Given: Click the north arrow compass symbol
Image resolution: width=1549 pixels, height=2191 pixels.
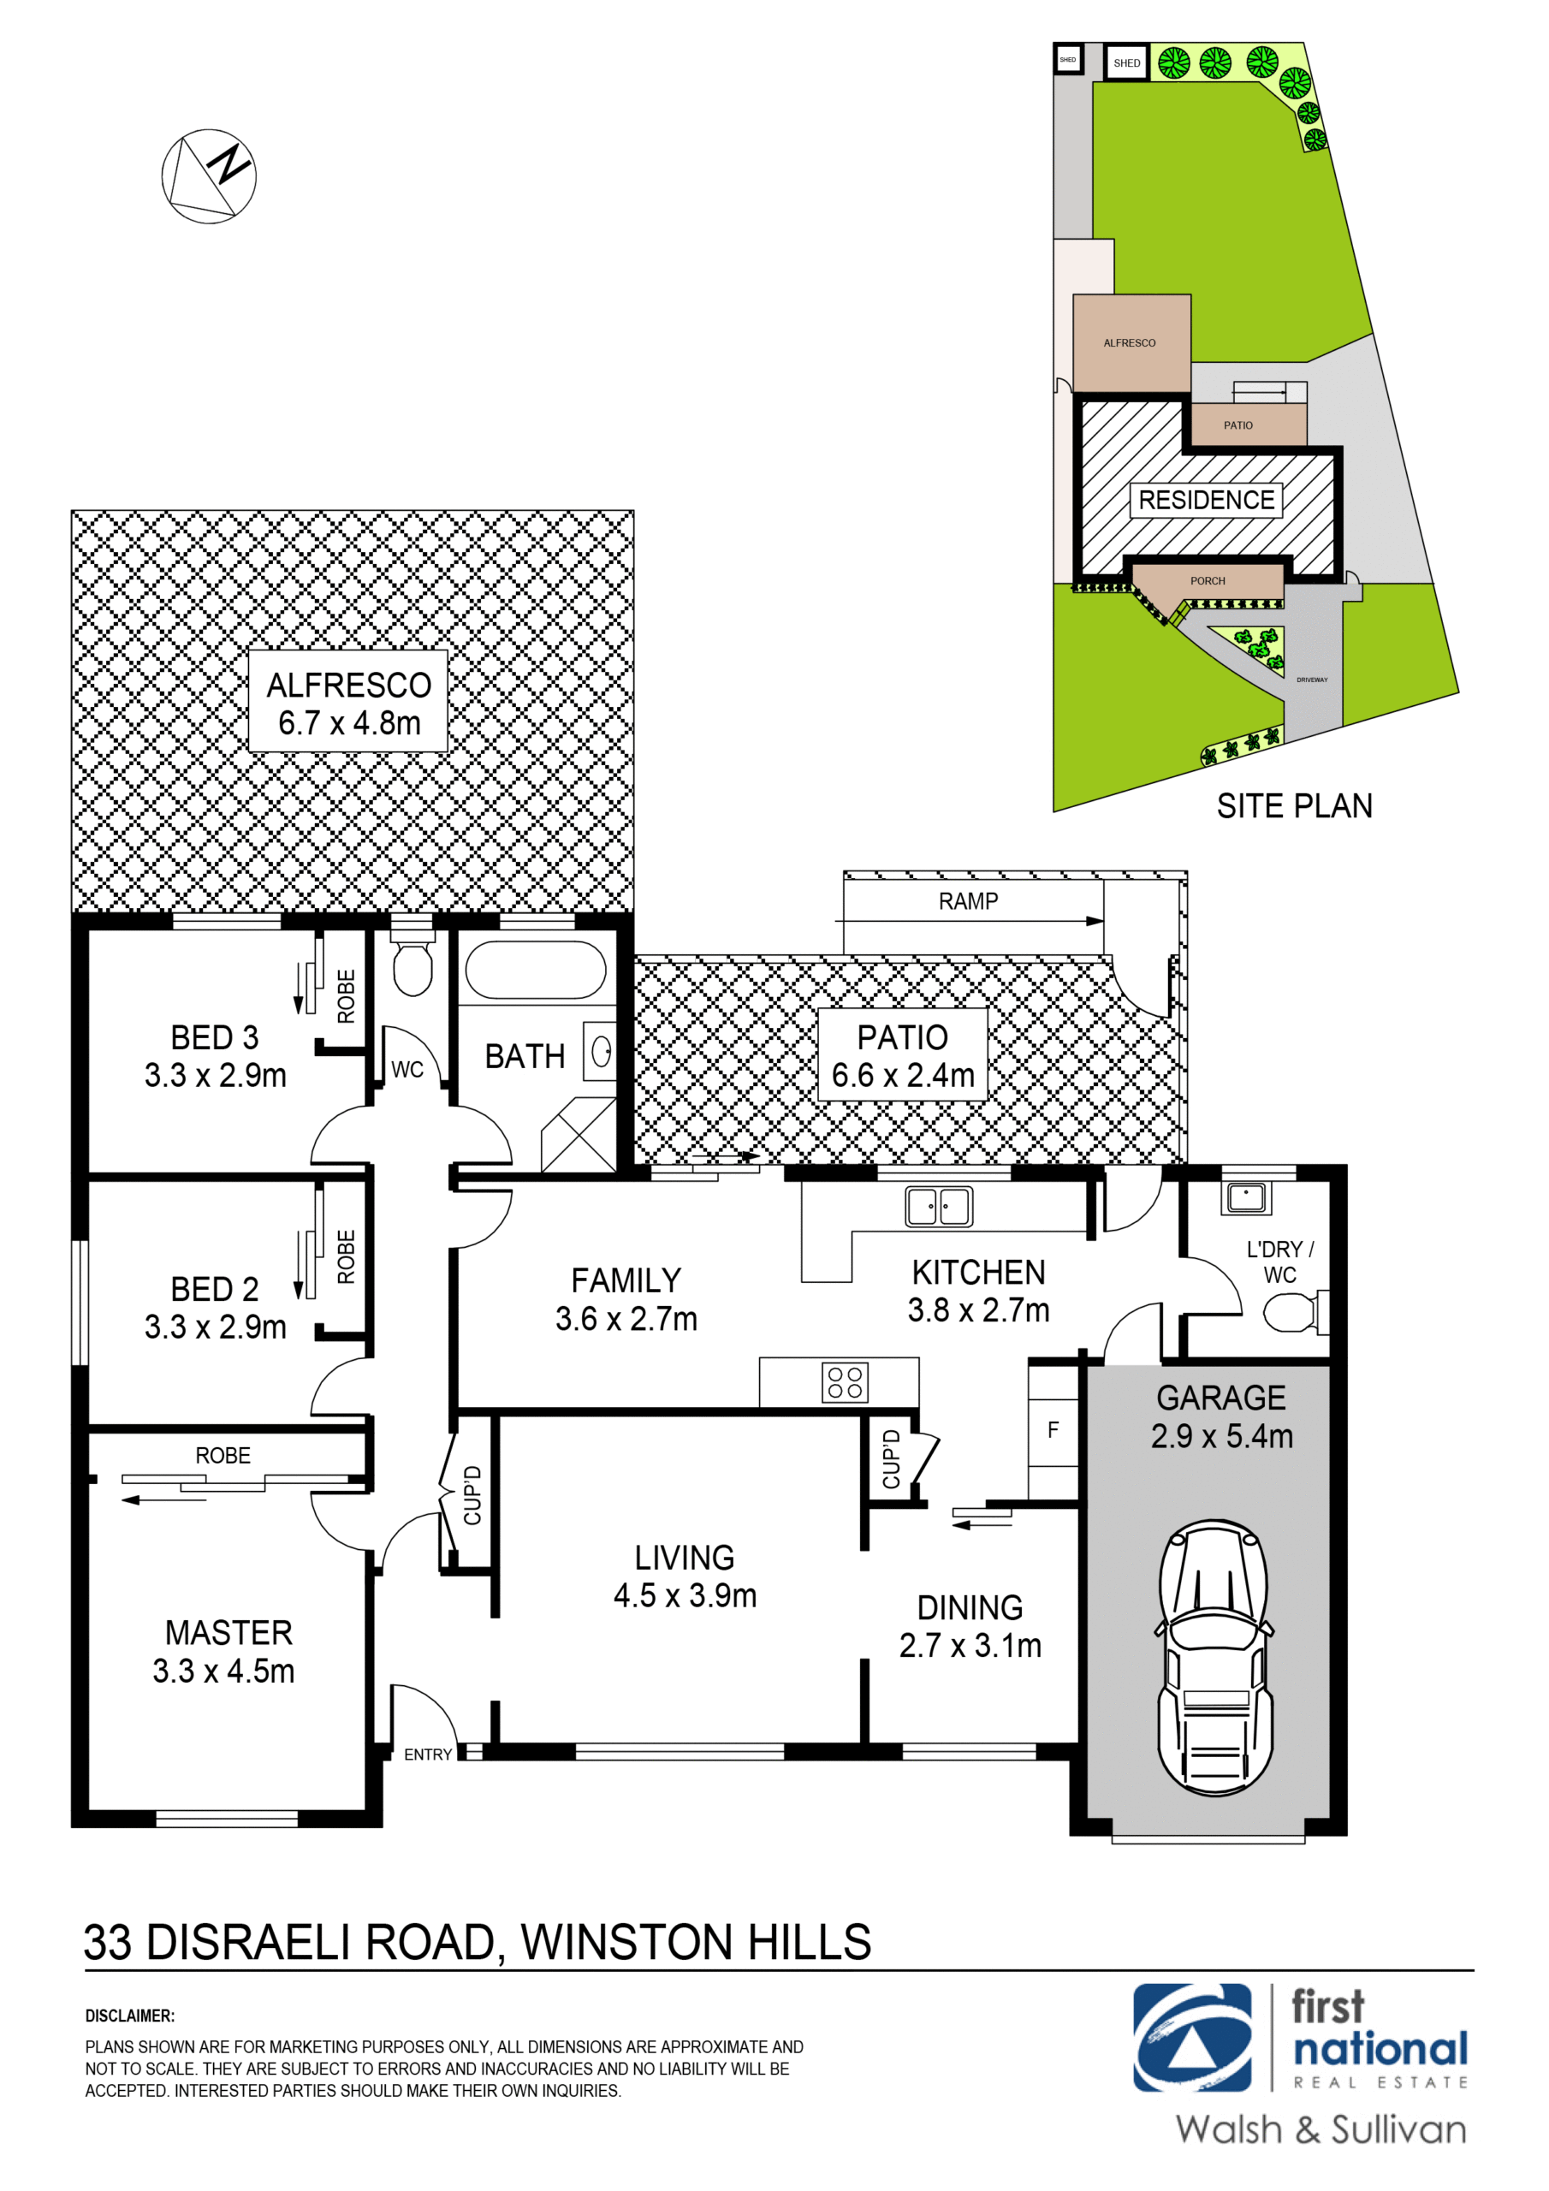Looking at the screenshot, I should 209,176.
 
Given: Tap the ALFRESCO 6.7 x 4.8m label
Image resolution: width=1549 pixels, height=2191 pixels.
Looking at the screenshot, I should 348,704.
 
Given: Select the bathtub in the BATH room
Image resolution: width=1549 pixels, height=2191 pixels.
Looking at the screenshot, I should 536,971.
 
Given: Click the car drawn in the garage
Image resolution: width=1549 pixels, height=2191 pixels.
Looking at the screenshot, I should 1214,1659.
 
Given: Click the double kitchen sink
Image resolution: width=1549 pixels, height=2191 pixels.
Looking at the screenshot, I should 938,1207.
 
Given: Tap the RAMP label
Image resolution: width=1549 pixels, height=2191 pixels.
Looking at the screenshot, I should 968,902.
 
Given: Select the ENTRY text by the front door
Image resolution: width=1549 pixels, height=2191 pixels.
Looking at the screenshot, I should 427,1755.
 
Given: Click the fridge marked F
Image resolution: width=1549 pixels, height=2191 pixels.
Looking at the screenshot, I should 1053,1429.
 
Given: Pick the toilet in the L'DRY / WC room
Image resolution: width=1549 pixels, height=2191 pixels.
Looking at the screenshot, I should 1292,1312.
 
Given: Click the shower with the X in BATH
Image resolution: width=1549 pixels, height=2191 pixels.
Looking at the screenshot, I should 579,1135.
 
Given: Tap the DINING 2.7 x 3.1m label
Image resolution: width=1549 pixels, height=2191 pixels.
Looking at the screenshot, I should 970,1626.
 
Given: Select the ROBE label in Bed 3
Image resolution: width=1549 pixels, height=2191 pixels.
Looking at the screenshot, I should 347,996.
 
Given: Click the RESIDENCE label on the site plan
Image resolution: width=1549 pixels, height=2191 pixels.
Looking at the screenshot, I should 1207,500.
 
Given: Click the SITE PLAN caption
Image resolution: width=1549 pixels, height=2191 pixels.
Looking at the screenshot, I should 1293,806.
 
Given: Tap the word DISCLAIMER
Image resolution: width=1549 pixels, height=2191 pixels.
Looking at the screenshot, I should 130,2016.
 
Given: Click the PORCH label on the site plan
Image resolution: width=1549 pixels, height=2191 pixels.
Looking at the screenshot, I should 1208,581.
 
